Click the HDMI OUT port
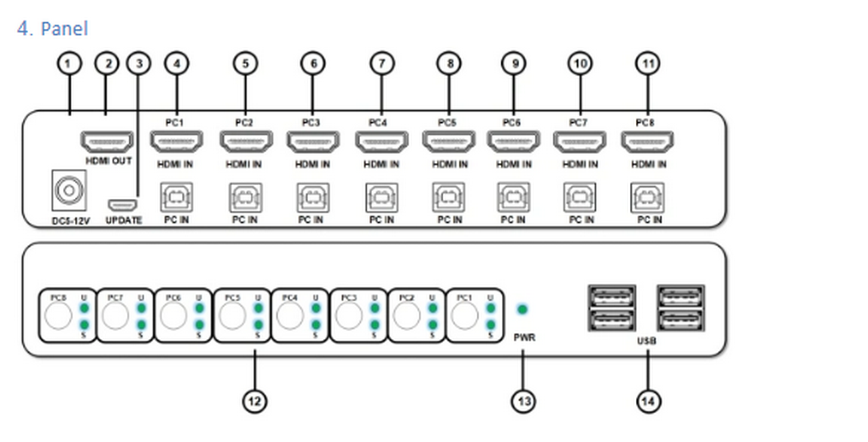[x=107, y=142]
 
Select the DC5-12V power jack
[x=69, y=190]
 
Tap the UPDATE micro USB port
[x=122, y=205]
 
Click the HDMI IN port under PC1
[x=176, y=142]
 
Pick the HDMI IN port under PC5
[x=449, y=142]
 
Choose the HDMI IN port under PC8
[x=647, y=142]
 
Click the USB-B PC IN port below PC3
[x=313, y=197]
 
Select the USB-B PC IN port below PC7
[x=580, y=197]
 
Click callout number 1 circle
[x=69, y=64]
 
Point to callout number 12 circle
[x=254, y=401]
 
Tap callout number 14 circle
[x=648, y=401]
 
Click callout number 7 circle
[x=382, y=64]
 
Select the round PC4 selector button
[x=290, y=315]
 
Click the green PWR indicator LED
[x=522, y=310]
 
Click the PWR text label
[x=524, y=337]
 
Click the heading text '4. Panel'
[x=53, y=28]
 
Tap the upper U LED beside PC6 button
[x=199, y=308]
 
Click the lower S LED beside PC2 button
[x=432, y=325]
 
